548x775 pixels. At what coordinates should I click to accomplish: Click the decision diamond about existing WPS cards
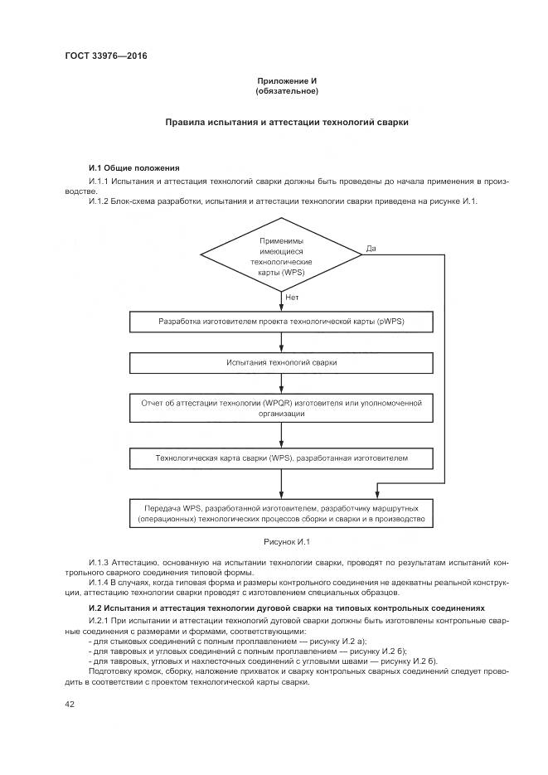point(282,256)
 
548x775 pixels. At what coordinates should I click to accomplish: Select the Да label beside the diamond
point(371,248)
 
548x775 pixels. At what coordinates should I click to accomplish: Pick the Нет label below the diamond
point(292,296)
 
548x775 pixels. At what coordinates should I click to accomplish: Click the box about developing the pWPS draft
point(282,322)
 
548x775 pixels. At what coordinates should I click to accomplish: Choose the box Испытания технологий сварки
point(282,362)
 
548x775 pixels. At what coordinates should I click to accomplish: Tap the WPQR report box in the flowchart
point(282,408)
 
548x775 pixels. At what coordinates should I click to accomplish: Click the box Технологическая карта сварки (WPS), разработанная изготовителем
point(282,457)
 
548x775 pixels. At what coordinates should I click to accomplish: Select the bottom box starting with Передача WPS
point(282,513)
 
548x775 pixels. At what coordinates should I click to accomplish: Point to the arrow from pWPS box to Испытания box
point(282,342)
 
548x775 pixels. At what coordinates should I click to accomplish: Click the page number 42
point(70,705)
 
